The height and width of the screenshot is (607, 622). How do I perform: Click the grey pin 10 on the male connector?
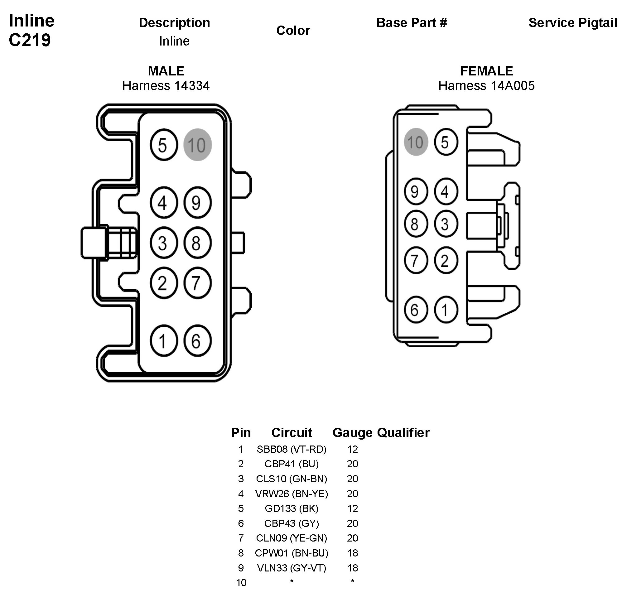[x=197, y=145]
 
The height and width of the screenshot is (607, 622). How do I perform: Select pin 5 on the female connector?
[x=446, y=142]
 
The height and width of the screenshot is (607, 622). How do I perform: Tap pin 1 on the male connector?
[x=164, y=340]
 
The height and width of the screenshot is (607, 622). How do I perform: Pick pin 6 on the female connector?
[x=415, y=310]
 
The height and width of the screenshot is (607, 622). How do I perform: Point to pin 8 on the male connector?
[x=197, y=243]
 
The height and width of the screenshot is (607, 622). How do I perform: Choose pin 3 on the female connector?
[x=446, y=224]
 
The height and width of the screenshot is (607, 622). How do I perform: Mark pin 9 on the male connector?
[x=197, y=203]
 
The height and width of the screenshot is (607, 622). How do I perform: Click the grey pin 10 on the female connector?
[x=415, y=142]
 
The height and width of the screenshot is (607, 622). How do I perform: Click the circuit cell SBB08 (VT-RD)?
[x=292, y=449]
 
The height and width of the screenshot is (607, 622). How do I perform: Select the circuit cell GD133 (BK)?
[x=292, y=508]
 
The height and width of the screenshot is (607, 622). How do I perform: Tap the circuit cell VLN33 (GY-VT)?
[x=292, y=568]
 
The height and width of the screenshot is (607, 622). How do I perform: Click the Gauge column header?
[x=352, y=433]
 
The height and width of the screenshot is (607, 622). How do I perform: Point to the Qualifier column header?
[x=403, y=433]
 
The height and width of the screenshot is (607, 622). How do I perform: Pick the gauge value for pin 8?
[x=352, y=553]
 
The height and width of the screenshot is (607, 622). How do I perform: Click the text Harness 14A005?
[x=486, y=86]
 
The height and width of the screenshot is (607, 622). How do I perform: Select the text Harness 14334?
[x=166, y=86]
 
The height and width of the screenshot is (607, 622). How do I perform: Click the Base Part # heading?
[x=412, y=23]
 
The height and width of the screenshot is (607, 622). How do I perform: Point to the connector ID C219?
[x=30, y=40]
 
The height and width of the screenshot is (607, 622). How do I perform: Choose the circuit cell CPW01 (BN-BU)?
[x=292, y=553]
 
